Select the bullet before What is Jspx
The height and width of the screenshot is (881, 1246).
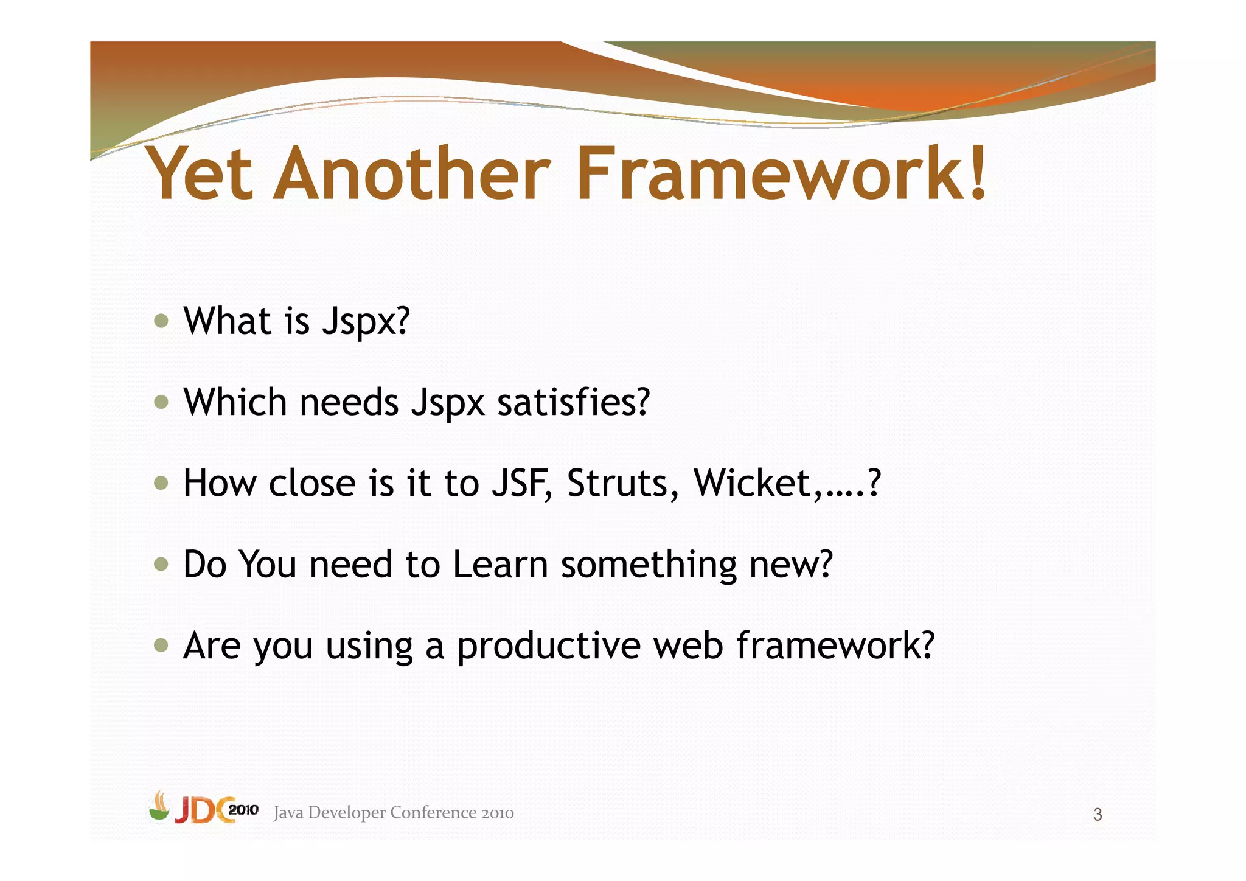click(x=161, y=321)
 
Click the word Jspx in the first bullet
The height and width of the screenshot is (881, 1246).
click(x=366, y=322)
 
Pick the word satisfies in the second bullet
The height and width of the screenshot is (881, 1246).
click(x=573, y=402)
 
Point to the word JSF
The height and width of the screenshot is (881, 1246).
click(x=521, y=484)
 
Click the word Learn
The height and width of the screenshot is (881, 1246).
click(x=501, y=564)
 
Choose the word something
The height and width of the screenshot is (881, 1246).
click(x=649, y=565)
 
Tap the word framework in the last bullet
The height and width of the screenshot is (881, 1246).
click(x=834, y=646)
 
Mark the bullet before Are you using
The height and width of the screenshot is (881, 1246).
click(x=161, y=645)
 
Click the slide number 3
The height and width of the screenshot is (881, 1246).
click(x=1097, y=814)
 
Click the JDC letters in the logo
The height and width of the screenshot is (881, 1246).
click(x=201, y=811)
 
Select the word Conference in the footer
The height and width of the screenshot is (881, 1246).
click(x=433, y=813)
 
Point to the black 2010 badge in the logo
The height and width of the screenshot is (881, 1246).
click(x=243, y=810)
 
